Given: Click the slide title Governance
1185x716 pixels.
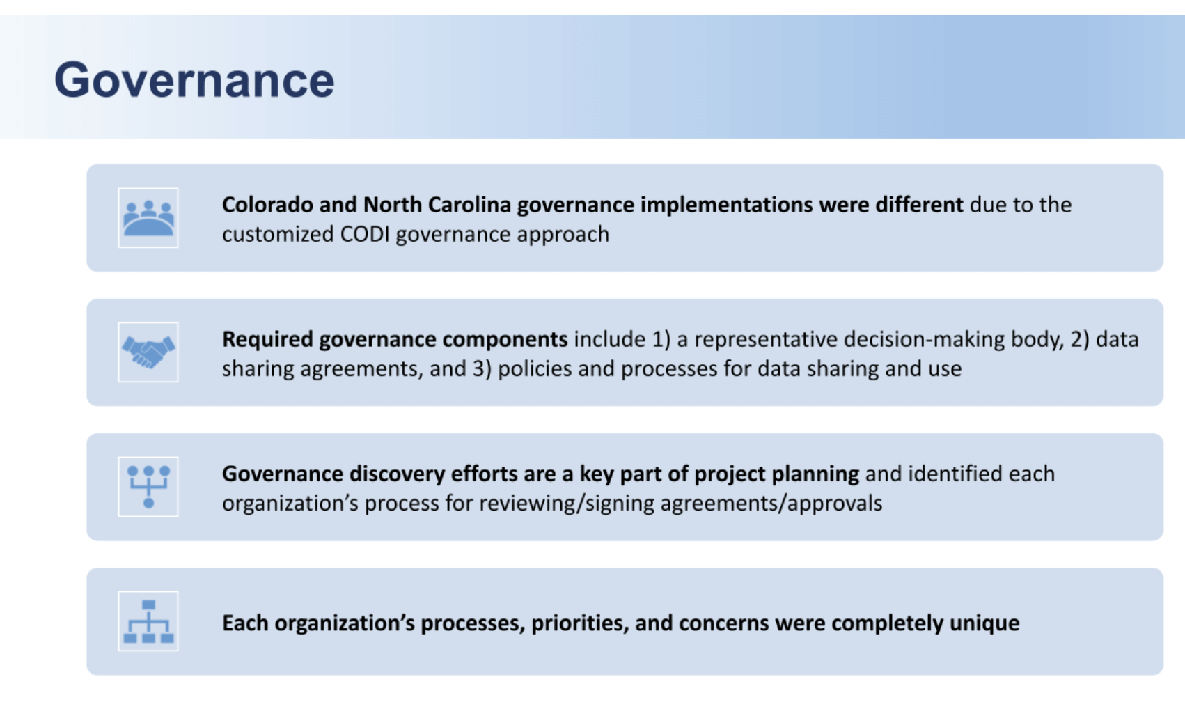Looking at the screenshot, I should [x=194, y=80].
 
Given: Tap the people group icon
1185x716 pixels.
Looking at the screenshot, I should [x=148, y=218].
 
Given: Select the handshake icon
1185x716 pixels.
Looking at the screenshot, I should [x=148, y=352].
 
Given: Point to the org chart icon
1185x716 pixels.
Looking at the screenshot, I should [x=148, y=621].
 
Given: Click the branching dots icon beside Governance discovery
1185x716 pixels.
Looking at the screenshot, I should [x=148, y=487].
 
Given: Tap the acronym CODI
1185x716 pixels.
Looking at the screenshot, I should [x=365, y=235].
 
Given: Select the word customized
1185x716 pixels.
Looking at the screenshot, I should [x=278, y=235].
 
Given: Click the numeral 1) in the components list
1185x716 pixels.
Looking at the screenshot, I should [x=661, y=340].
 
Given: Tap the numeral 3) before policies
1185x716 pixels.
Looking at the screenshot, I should [x=482, y=369].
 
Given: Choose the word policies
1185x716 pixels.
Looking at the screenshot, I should [x=535, y=369].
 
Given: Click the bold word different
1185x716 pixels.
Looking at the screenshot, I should [x=919, y=205].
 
